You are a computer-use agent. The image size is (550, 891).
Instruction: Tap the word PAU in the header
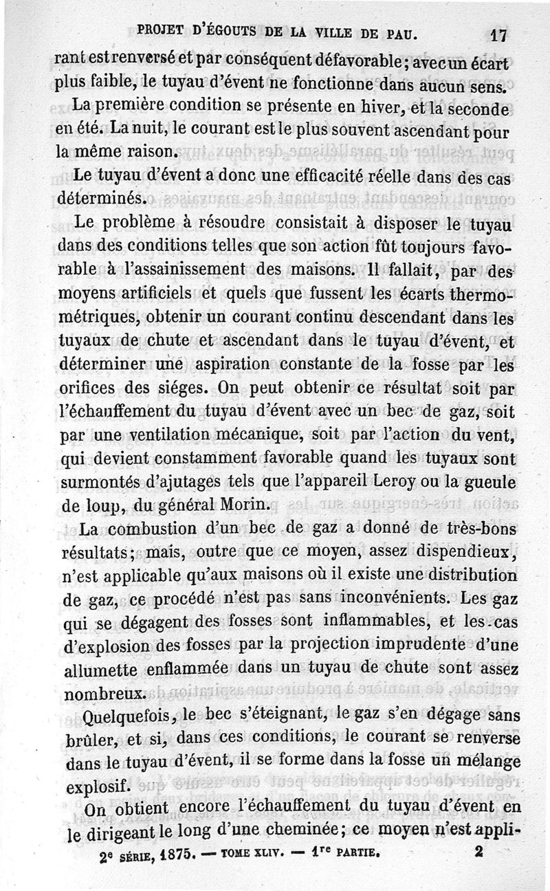coord(399,33)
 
